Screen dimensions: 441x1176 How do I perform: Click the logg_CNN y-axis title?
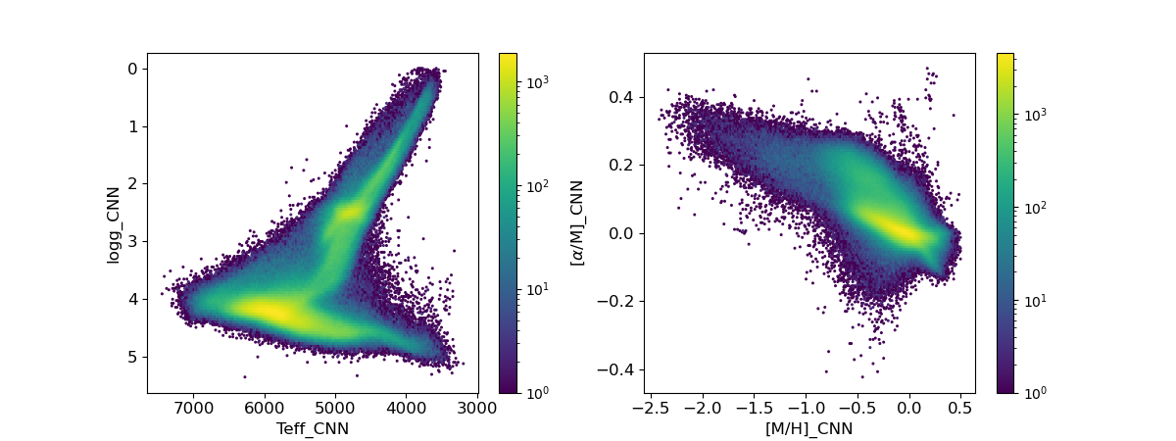pos(114,223)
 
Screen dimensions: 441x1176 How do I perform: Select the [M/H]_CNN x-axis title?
pos(808,428)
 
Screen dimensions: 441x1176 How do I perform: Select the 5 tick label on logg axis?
pos(131,356)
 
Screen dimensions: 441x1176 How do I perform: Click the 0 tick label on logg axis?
pos(131,69)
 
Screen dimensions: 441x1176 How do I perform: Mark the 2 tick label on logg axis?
pos(131,183)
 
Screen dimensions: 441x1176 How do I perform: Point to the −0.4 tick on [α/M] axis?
pos(619,369)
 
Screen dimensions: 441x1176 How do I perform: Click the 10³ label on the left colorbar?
pos(538,83)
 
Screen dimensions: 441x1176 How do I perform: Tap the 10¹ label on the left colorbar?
pos(538,289)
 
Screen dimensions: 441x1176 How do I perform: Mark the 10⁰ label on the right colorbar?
pos(1036,393)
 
